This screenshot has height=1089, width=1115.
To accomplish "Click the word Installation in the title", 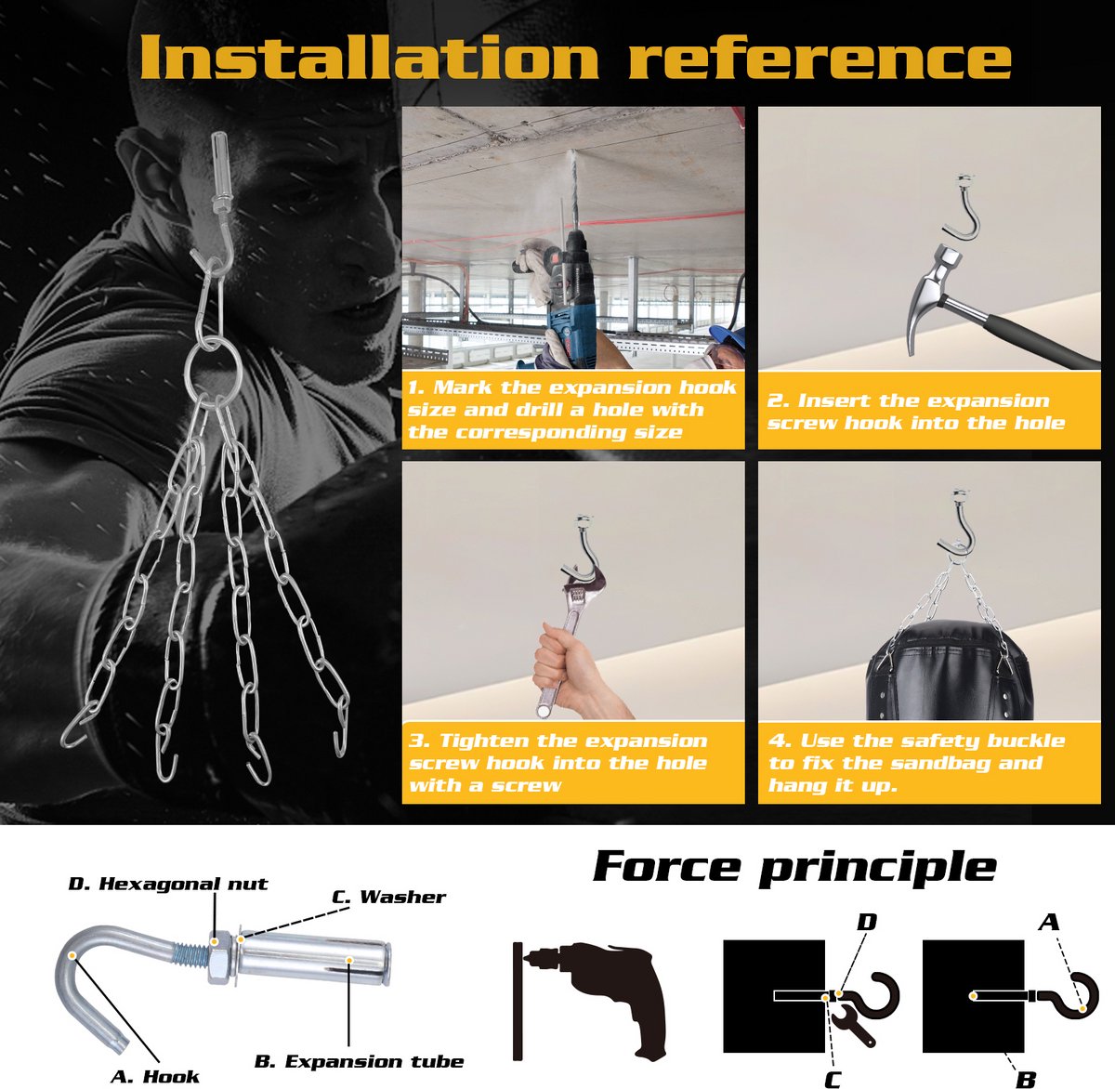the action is [x=370, y=58].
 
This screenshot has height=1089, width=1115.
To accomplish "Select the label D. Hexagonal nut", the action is [x=168, y=884].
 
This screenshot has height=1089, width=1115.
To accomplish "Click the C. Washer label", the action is [x=388, y=897].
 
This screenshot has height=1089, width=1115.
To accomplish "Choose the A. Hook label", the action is [x=154, y=1076].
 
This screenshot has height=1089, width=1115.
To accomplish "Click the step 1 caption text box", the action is [x=573, y=410].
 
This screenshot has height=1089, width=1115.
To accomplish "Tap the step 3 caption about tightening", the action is [x=573, y=763].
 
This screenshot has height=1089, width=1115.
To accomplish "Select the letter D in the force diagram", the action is [x=867, y=922].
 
